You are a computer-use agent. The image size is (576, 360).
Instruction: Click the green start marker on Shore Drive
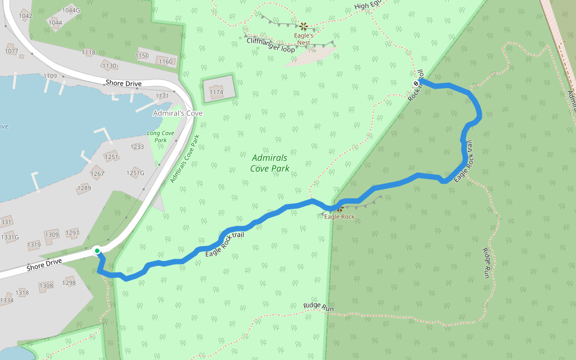coord(97,250)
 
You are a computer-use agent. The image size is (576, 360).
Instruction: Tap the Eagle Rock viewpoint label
coord(340,217)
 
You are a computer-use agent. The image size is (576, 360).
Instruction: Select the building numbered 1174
coord(217,92)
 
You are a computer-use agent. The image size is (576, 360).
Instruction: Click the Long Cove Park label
coord(161,136)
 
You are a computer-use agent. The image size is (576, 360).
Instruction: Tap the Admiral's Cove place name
coord(178,113)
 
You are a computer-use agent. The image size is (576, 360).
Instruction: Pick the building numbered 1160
coord(166,61)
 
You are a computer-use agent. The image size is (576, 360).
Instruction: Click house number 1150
coord(142,56)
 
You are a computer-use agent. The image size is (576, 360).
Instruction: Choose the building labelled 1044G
coord(71,10)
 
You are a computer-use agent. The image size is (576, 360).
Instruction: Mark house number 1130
coord(109,65)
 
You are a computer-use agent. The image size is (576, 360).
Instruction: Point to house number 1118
coord(88,52)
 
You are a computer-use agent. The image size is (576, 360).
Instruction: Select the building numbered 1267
coord(97,173)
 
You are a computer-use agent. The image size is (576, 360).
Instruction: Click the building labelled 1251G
coord(135,173)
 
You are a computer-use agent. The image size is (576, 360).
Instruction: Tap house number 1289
coord(84,188)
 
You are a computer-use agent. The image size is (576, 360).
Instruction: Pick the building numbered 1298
coord(69,283)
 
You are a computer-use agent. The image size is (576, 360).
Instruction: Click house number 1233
coord(137,146)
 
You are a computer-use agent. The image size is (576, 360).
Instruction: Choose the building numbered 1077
coord(11,51)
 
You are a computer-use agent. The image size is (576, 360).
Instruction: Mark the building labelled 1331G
coord(10,237)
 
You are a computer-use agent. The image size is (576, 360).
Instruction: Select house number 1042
coord(25,16)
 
